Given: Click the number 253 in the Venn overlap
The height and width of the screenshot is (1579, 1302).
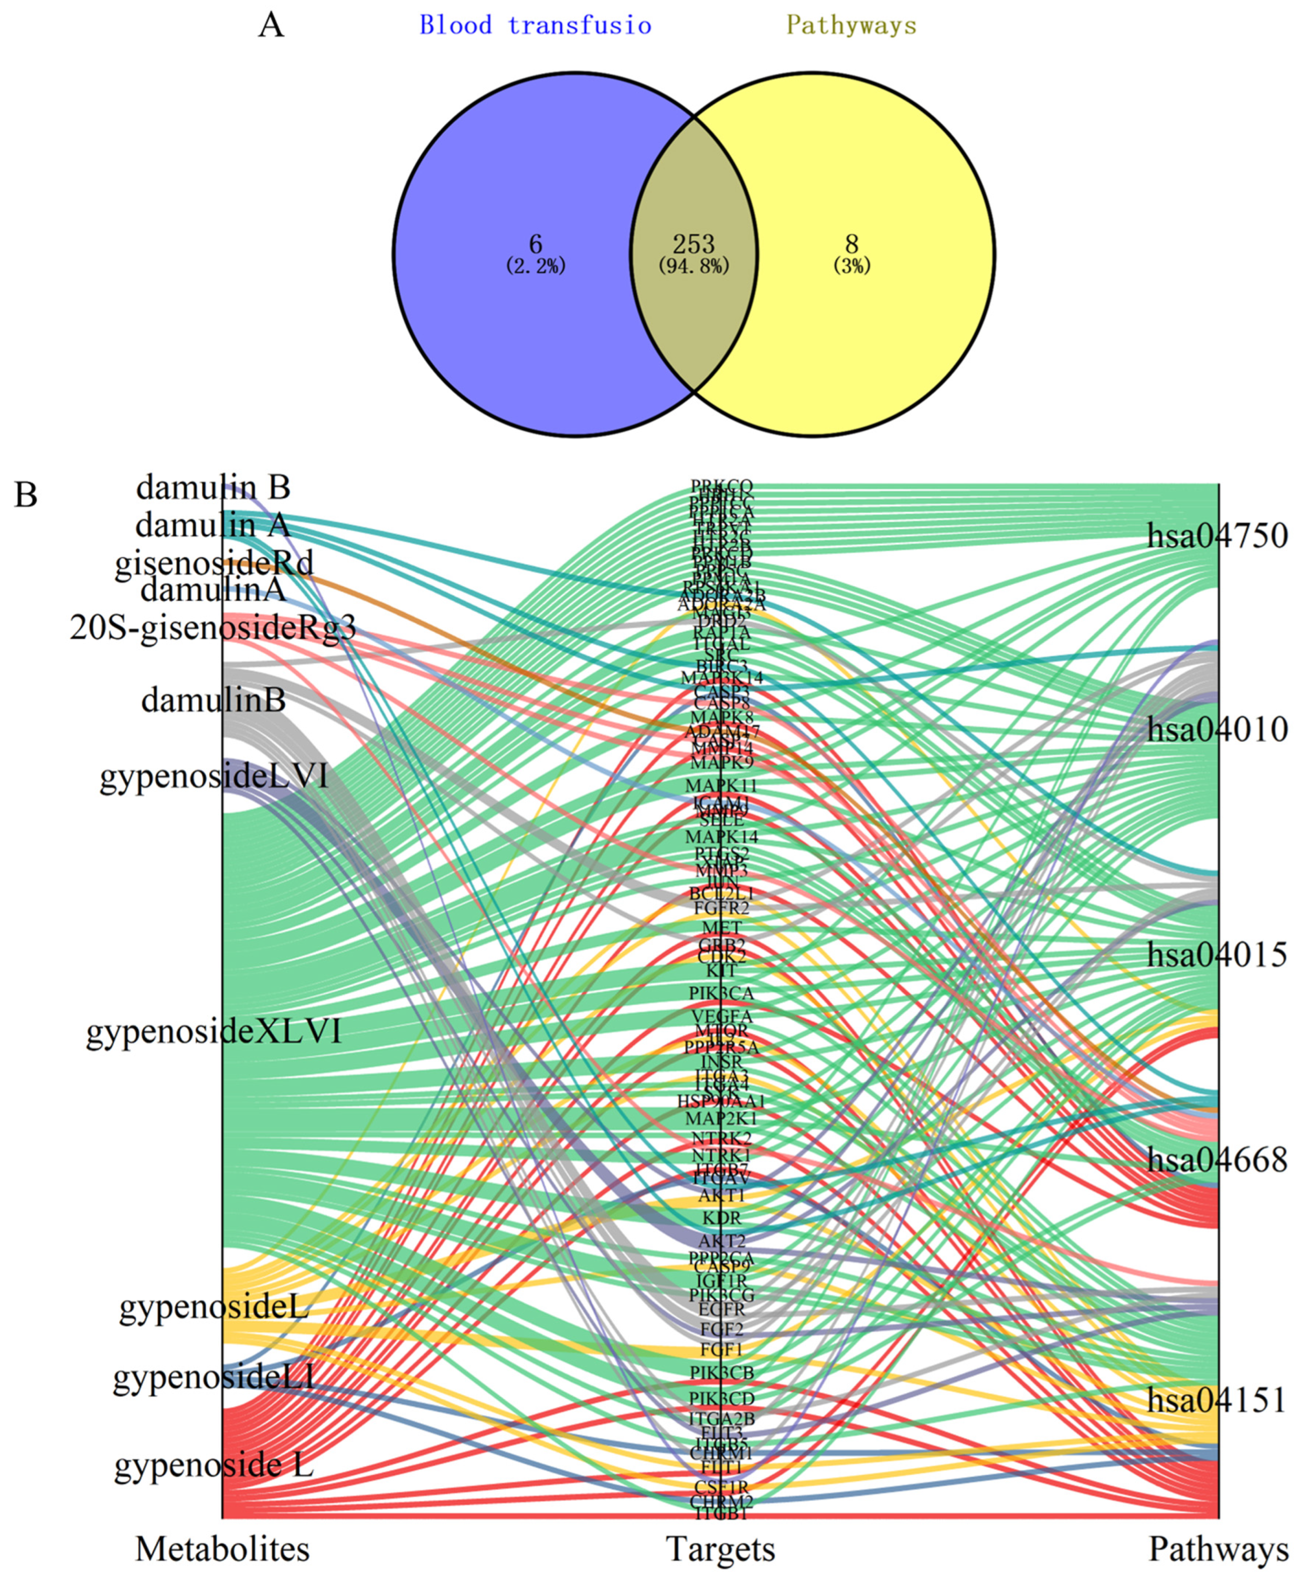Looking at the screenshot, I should (x=693, y=244).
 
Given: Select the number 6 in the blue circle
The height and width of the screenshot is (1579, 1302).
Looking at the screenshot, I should (x=535, y=244).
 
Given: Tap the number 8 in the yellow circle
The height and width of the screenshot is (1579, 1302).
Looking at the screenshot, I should (x=851, y=244).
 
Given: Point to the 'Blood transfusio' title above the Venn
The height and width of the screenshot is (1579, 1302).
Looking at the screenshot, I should (x=535, y=26).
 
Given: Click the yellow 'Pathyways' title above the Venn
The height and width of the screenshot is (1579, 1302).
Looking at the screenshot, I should (x=851, y=26).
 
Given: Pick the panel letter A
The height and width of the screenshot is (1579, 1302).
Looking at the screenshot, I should (x=271, y=26).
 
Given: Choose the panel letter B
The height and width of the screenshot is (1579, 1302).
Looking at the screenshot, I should (x=26, y=495).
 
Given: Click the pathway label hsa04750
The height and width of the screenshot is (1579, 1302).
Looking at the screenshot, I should (x=1217, y=536).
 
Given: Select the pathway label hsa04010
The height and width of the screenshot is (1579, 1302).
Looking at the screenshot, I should (x=1217, y=729).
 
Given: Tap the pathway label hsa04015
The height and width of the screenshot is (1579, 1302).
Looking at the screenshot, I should (x=1217, y=955).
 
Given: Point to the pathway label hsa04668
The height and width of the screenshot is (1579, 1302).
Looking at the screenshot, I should (x=1217, y=1160).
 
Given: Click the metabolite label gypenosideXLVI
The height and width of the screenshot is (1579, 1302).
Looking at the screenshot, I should (x=214, y=1031).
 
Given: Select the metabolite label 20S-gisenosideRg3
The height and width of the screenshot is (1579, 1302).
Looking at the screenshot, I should (x=213, y=627).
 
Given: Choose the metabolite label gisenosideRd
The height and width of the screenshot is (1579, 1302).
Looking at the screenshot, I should (x=214, y=564).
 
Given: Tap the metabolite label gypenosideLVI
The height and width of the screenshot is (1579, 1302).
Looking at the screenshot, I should (x=214, y=776).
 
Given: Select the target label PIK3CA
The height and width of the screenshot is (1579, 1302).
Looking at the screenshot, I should (x=721, y=993).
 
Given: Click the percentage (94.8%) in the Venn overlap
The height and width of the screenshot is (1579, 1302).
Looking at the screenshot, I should (x=693, y=266).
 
